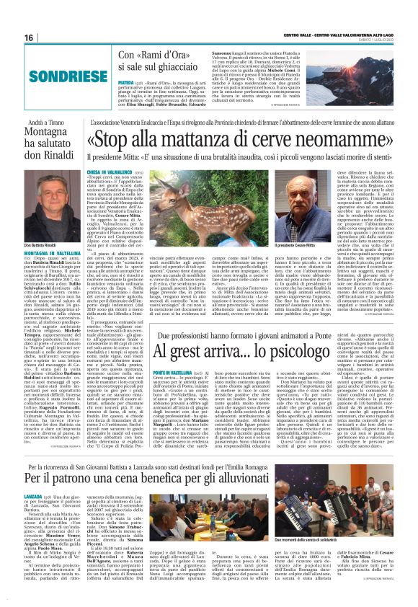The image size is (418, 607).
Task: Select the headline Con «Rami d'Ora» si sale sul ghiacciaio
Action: pyautogui.click(x=167, y=61)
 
